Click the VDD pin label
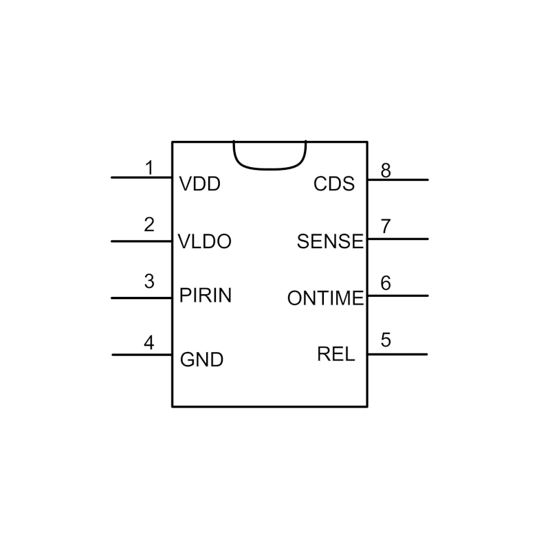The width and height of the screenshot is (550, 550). tap(199, 184)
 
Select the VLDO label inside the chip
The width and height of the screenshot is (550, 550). tap(204, 242)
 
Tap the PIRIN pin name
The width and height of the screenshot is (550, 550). tap(205, 296)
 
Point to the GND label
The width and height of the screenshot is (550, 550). tap(201, 360)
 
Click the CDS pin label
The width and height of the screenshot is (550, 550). tap(334, 184)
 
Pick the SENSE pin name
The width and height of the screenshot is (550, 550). tap(330, 241)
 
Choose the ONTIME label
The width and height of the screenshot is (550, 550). tap(325, 298)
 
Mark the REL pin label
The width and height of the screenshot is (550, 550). tap(336, 354)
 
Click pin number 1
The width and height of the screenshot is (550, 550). tap(149, 167)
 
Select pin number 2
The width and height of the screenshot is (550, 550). tap(149, 224)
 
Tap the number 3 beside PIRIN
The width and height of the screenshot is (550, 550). tap(149, 281)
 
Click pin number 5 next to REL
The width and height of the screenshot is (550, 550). tap(386, 340)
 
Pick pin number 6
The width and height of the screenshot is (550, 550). tap(386, 283)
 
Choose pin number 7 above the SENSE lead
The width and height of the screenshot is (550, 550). tap(386, 226)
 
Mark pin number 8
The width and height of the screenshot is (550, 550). tap(386, 170)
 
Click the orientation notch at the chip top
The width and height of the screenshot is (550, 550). tap(269, 154)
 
